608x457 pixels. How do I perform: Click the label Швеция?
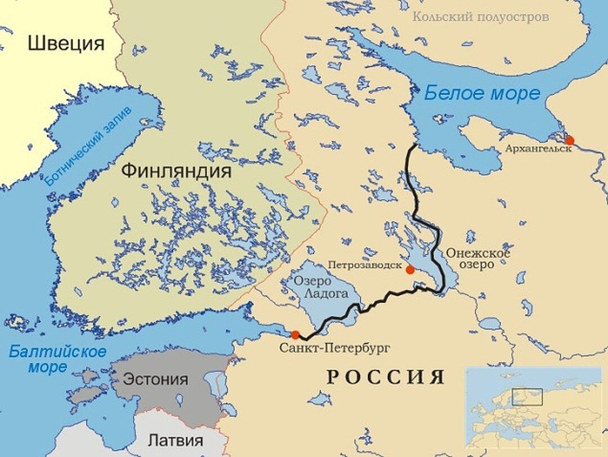[x=66, y=43]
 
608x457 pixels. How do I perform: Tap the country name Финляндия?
[x=176, y=171]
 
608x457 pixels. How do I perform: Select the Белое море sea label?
[x=482, y=93]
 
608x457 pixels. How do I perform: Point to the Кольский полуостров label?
[x=480, y=17]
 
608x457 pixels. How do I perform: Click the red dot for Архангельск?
[x=570, y=140]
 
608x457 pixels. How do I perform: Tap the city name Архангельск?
[x=538, y=149]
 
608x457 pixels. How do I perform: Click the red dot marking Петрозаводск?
[x=410, y=270]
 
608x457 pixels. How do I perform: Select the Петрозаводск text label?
[x=365, y=264]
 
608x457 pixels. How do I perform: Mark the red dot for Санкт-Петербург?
[x=295, y=335]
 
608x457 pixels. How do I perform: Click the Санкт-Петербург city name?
[x=334, y=348]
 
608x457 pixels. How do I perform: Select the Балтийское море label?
[x=57, y=360]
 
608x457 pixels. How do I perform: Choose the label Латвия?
[x=176, y=440]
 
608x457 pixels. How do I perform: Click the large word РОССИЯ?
[x=386, y=377]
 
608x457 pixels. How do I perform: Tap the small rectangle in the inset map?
[x=527, y=397]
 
